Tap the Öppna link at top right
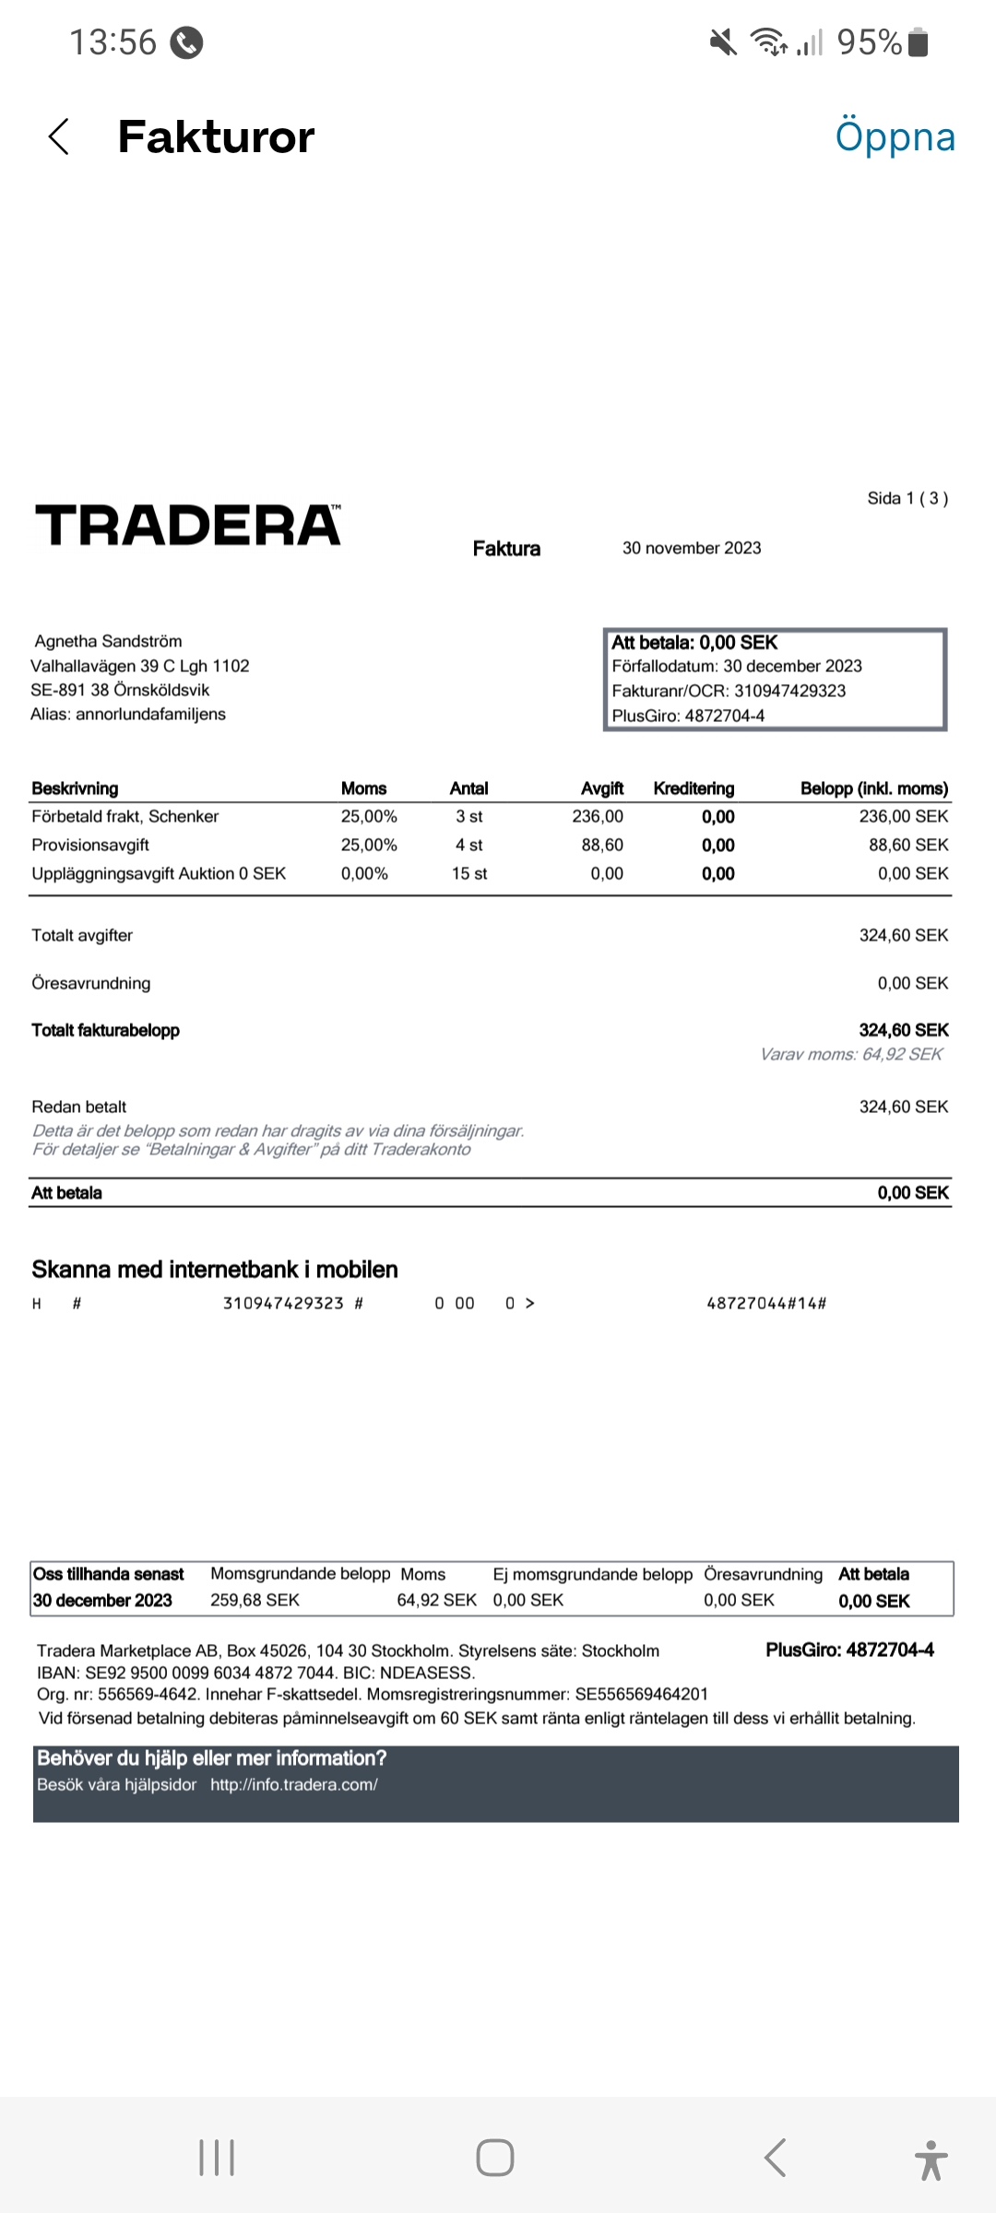point(895,137)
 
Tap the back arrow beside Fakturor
point(59,137)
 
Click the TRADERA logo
point(188,526)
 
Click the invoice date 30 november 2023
point(692,549)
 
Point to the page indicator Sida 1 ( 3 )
point(907,499)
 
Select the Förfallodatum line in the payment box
point(737,667)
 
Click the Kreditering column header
point(694,788)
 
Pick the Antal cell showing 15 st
point(469,874)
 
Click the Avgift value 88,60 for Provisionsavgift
point(602,846)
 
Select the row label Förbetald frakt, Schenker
point(125,817)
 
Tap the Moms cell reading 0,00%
point(364,874)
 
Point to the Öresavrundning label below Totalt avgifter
point(91,984)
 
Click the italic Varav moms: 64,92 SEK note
point(851,1055)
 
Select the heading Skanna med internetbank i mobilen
point(215,1270)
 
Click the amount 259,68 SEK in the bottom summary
point(255,1601)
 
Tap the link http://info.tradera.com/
point(294,1785)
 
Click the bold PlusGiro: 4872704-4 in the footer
point(849,1651)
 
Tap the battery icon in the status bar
point(919,42)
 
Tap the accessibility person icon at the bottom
point(931,2159)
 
